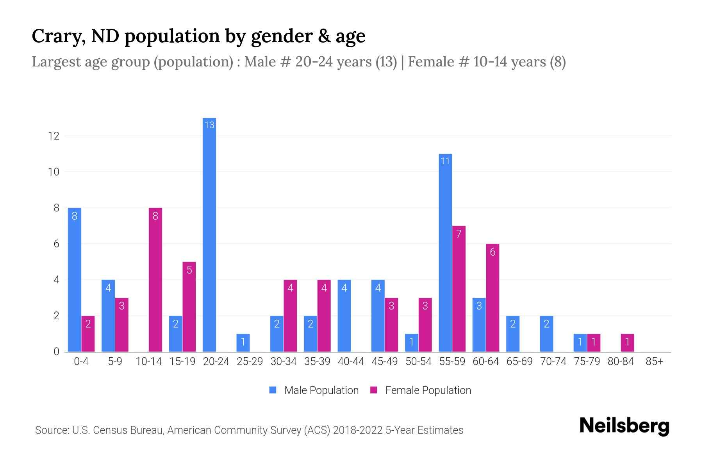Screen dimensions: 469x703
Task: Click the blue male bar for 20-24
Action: [209, 234]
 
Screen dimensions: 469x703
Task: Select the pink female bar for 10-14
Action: [155, 279]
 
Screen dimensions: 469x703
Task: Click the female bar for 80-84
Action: [627, 343]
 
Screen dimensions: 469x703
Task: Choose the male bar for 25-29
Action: [243, 343]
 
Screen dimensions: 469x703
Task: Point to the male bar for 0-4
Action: [75, 279]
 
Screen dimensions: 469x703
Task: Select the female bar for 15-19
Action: [189, 307]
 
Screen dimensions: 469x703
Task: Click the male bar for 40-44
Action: [344, 316]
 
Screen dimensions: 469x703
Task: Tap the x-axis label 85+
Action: [654, 362]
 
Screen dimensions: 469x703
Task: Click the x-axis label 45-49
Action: [385, 362]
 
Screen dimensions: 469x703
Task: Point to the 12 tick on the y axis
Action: [54, 136]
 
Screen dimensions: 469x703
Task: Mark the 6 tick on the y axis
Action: [56, 244]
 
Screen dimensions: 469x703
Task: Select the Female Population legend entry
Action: [420, 390]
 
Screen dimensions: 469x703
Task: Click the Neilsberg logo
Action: [624, 426]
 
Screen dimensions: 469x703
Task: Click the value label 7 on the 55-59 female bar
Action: [459, 234]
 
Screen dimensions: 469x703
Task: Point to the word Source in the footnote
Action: [51, 430]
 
